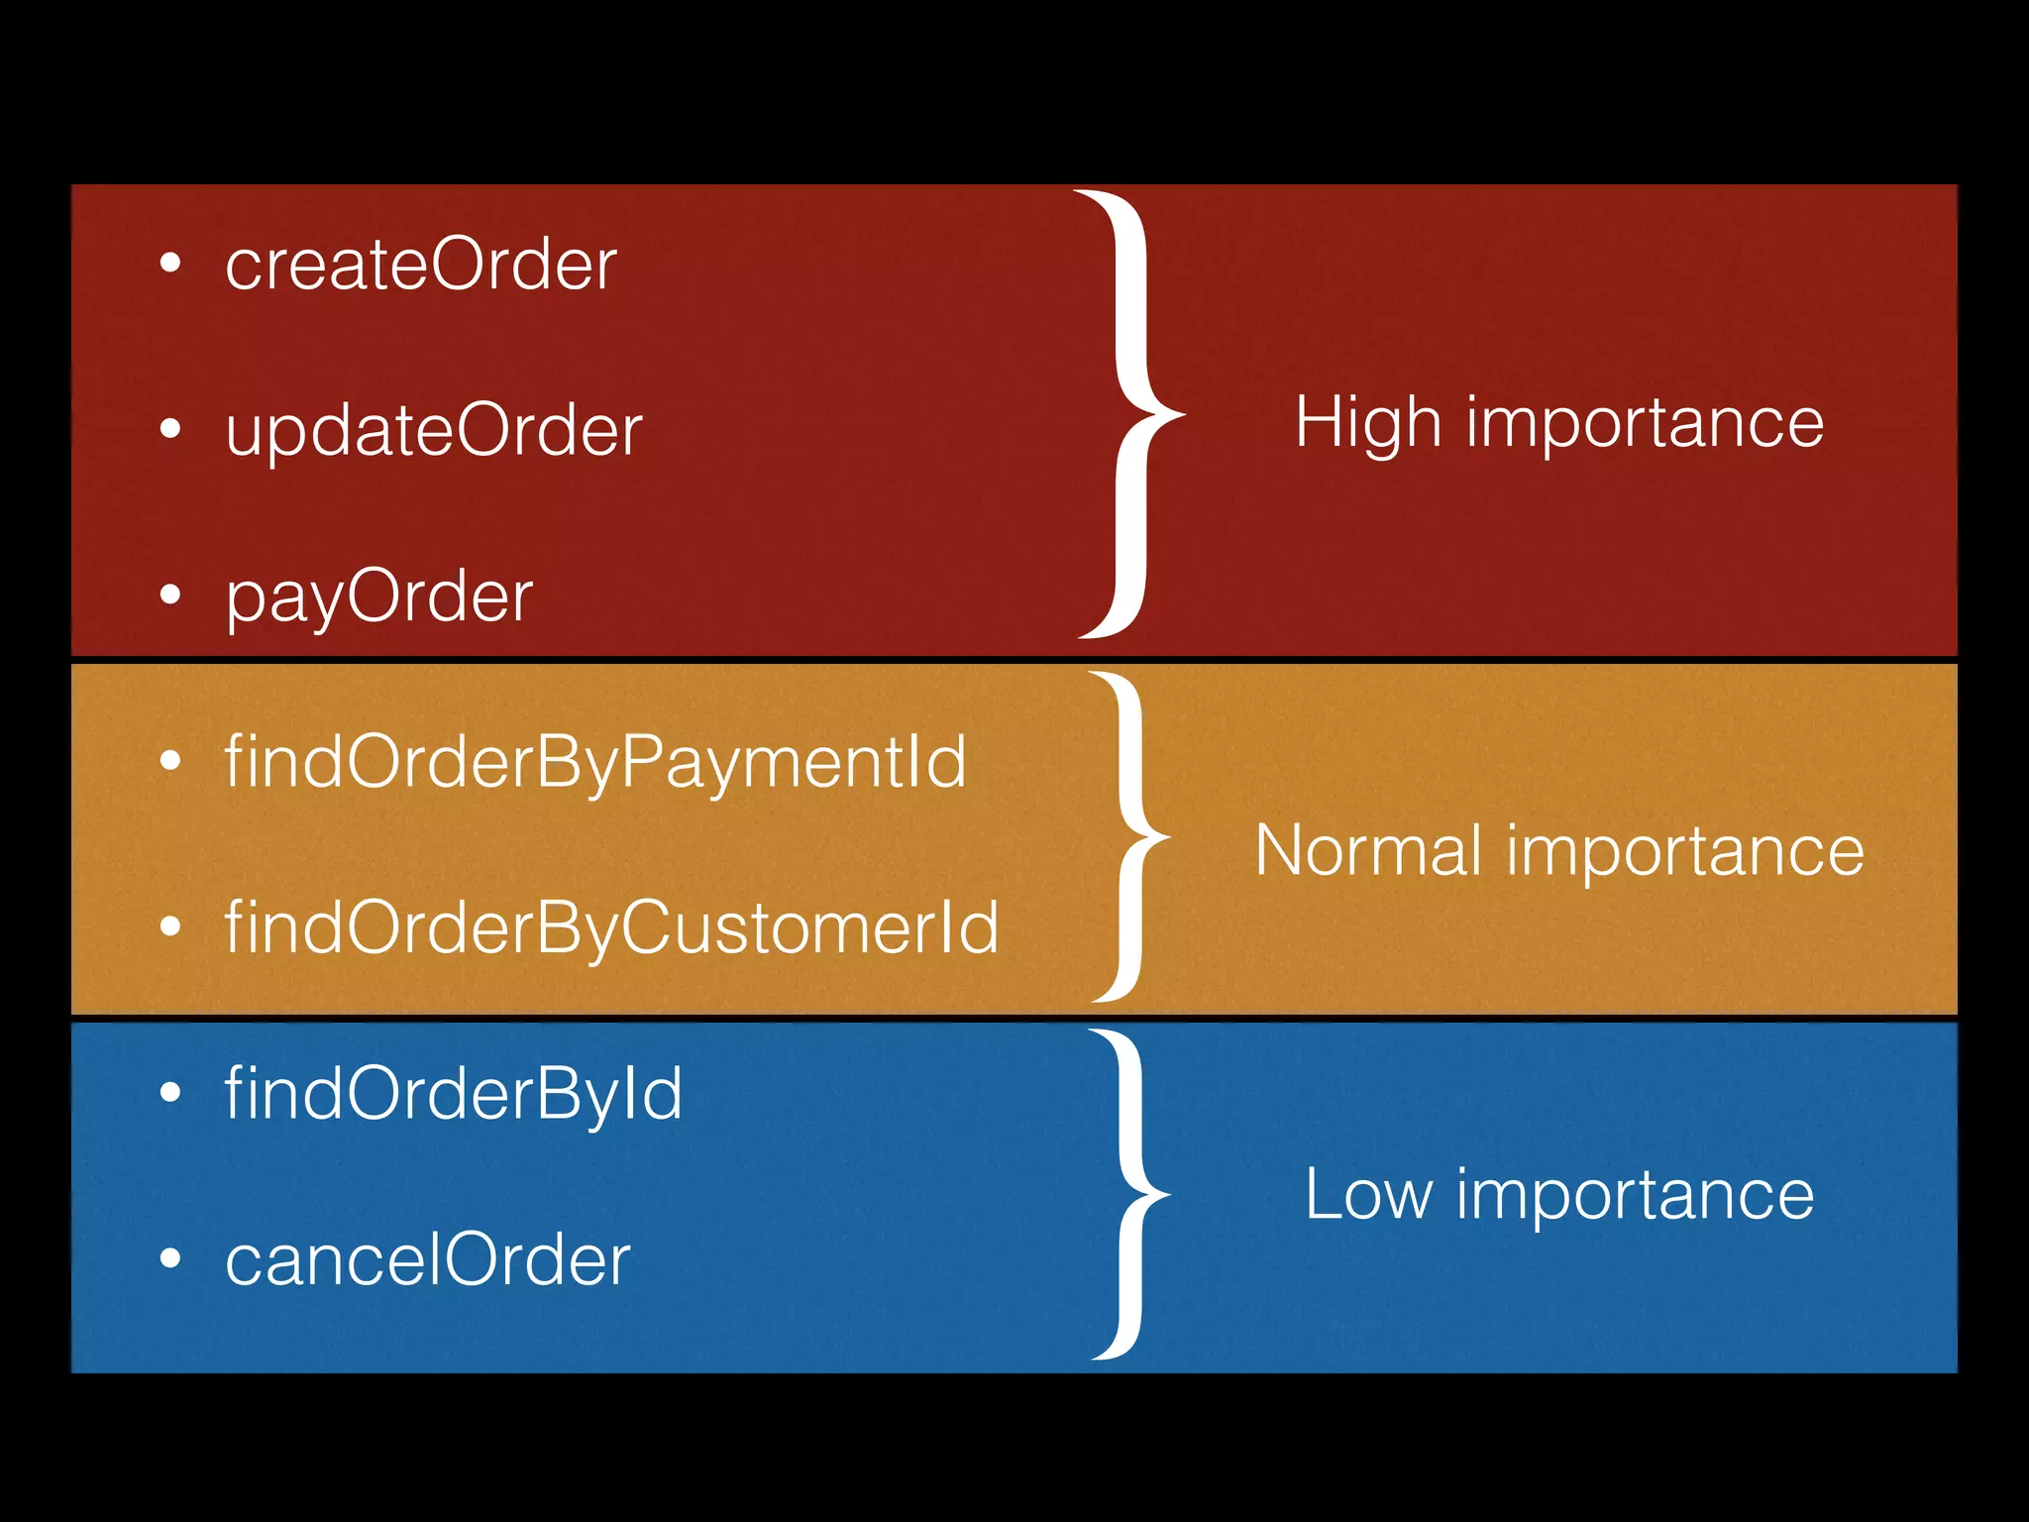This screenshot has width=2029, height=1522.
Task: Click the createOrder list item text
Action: (x=421, y=265)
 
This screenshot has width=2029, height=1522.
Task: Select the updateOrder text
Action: (x=434, y=431)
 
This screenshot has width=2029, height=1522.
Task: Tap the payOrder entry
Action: (x=379, y=597)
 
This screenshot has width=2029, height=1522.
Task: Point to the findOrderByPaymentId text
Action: (x=595, y=763)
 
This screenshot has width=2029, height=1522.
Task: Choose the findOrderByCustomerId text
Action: (x=611, y=928)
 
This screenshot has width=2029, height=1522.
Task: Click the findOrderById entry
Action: (x=454, y=1094)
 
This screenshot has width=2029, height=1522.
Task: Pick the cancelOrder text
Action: (x=428, y=1260)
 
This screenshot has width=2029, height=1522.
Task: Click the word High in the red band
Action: (x=1367, y=424)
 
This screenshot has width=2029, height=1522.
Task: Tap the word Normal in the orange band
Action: (x=1368, y=851)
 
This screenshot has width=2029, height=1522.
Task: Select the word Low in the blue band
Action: (x=1368, y=1194)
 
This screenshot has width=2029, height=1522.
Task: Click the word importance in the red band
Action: (x=1645, y=424)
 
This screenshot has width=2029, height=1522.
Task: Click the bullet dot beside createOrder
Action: (x=170, y=264)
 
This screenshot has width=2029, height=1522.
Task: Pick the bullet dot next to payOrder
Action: (x=170, y=595)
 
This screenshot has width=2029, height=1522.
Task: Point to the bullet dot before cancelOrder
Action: (x=170, y=1258)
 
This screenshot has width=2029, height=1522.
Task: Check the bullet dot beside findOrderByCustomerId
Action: (x=170, y=926)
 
